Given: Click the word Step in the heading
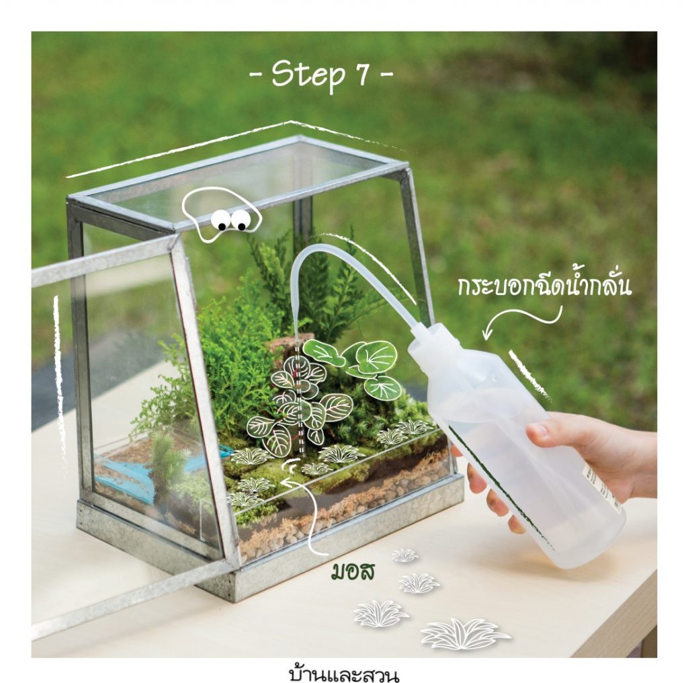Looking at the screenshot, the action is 308,75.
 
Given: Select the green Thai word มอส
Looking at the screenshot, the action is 353,572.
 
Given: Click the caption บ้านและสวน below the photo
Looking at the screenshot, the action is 345,672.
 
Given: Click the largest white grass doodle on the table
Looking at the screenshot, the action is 465,635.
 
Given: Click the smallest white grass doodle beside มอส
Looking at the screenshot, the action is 404,556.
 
